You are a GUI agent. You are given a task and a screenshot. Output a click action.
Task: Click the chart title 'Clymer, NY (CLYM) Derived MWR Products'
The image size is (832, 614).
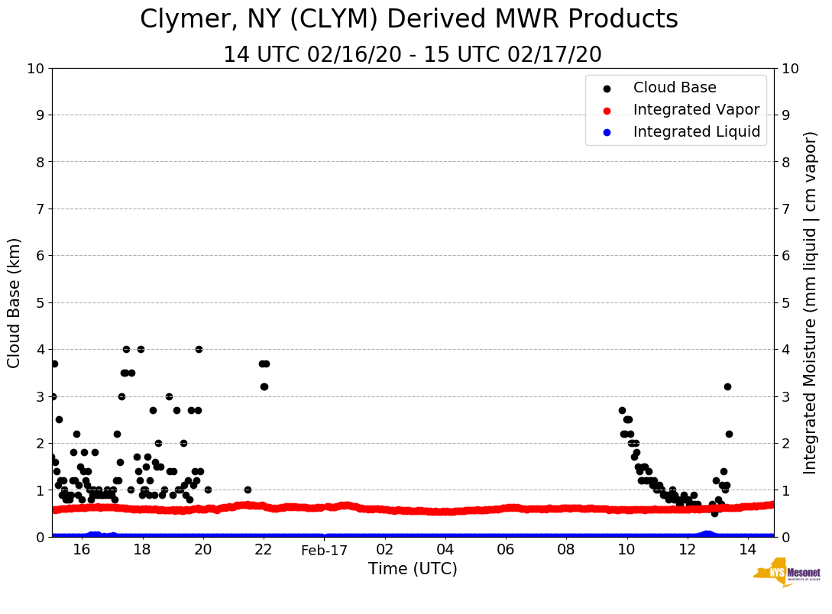(x=409, y=20)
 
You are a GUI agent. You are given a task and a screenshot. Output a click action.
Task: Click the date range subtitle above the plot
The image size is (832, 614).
(x=412, y=55)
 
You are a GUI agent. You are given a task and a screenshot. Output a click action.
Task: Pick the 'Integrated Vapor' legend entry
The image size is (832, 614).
(x=696, y=110)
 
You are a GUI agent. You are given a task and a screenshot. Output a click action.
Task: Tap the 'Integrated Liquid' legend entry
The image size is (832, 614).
(x=696, y=132)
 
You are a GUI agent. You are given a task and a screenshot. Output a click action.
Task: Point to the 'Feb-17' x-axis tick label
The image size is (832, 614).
(x=324, y=551)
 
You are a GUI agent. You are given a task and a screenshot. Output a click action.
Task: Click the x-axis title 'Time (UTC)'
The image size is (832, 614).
(x=413, y=569)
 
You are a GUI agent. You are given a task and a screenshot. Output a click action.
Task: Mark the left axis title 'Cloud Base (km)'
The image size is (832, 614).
(x=15, y=302)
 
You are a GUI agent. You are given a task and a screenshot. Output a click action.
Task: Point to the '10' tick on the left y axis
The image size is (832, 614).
(x=36, y=69)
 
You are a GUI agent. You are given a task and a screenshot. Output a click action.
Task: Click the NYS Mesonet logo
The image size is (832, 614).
(x=787, y=575)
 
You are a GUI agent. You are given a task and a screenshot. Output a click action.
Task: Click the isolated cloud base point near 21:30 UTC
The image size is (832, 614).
(x=248, y=490)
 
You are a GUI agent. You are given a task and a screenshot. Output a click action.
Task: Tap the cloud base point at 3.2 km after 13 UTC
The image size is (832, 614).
(x=727, y=386)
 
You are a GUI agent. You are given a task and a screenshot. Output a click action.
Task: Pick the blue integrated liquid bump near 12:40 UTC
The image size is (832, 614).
(x=707, y=534)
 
